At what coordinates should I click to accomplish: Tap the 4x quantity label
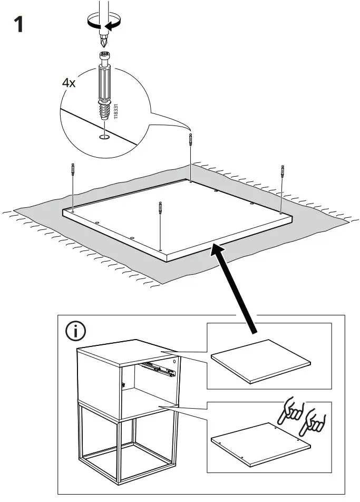[69, 83]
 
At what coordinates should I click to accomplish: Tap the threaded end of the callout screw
[105, 112]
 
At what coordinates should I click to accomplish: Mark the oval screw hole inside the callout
[105, 138]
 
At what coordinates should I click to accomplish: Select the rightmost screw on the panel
[282, 175]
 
